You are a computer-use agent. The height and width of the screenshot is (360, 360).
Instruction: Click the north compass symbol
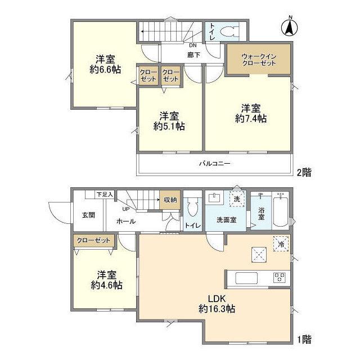[x=290, y=27]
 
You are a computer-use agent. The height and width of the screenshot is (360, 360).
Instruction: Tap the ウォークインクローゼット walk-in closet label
[x=259, y=60]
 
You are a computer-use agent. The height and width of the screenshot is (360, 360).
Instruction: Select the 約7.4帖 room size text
[x=251, y=119]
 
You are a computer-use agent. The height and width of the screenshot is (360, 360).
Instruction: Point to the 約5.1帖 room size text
[x=169, y=126]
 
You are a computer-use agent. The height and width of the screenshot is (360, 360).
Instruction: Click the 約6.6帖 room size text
[x=105, y=69]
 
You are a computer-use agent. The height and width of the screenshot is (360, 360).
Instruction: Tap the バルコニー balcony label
[x=215, y=164]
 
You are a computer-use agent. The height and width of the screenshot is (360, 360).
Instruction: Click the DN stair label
[x=193, y=46]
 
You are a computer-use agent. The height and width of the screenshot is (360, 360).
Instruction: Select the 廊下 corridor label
[x=193, y=55]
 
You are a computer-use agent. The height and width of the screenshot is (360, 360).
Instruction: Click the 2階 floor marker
[x=304, y=173]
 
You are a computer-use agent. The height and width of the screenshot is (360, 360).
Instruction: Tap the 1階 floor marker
[x=304, y=339]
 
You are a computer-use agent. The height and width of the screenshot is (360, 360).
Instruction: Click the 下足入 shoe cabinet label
[x=105, y=195]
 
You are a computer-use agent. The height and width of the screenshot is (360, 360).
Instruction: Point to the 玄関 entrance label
[x=88, y=215]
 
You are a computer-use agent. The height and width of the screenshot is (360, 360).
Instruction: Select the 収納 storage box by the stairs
[x=170, y=200]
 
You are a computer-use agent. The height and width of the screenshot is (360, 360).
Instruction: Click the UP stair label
[x=126, y=209]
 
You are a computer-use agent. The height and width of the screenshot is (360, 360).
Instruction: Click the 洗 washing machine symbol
[x=237, y=199]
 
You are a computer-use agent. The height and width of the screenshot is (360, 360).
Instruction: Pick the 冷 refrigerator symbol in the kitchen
[x=281, y=244]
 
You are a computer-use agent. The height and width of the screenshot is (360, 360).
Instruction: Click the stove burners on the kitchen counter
[x=280, y=277]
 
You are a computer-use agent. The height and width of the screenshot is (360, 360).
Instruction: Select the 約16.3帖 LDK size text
[x=217, y=309]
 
